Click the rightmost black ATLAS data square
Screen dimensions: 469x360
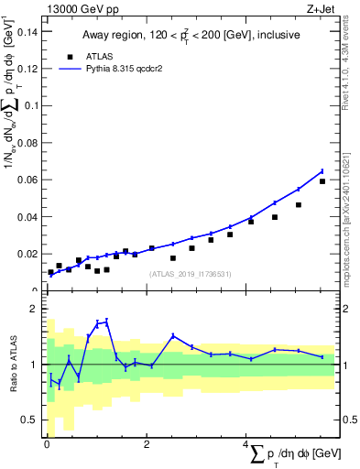pyautogui.click(x=322, y=181)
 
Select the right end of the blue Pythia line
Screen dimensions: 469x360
pyautogui.click(x=322, y=170)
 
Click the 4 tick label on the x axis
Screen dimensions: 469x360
pyautogui.click(x=245, y=444)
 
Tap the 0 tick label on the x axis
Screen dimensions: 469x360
pyautogui.click(x=46, y=444)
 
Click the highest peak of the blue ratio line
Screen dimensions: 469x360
pyautogui.click(x=107, y=321)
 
